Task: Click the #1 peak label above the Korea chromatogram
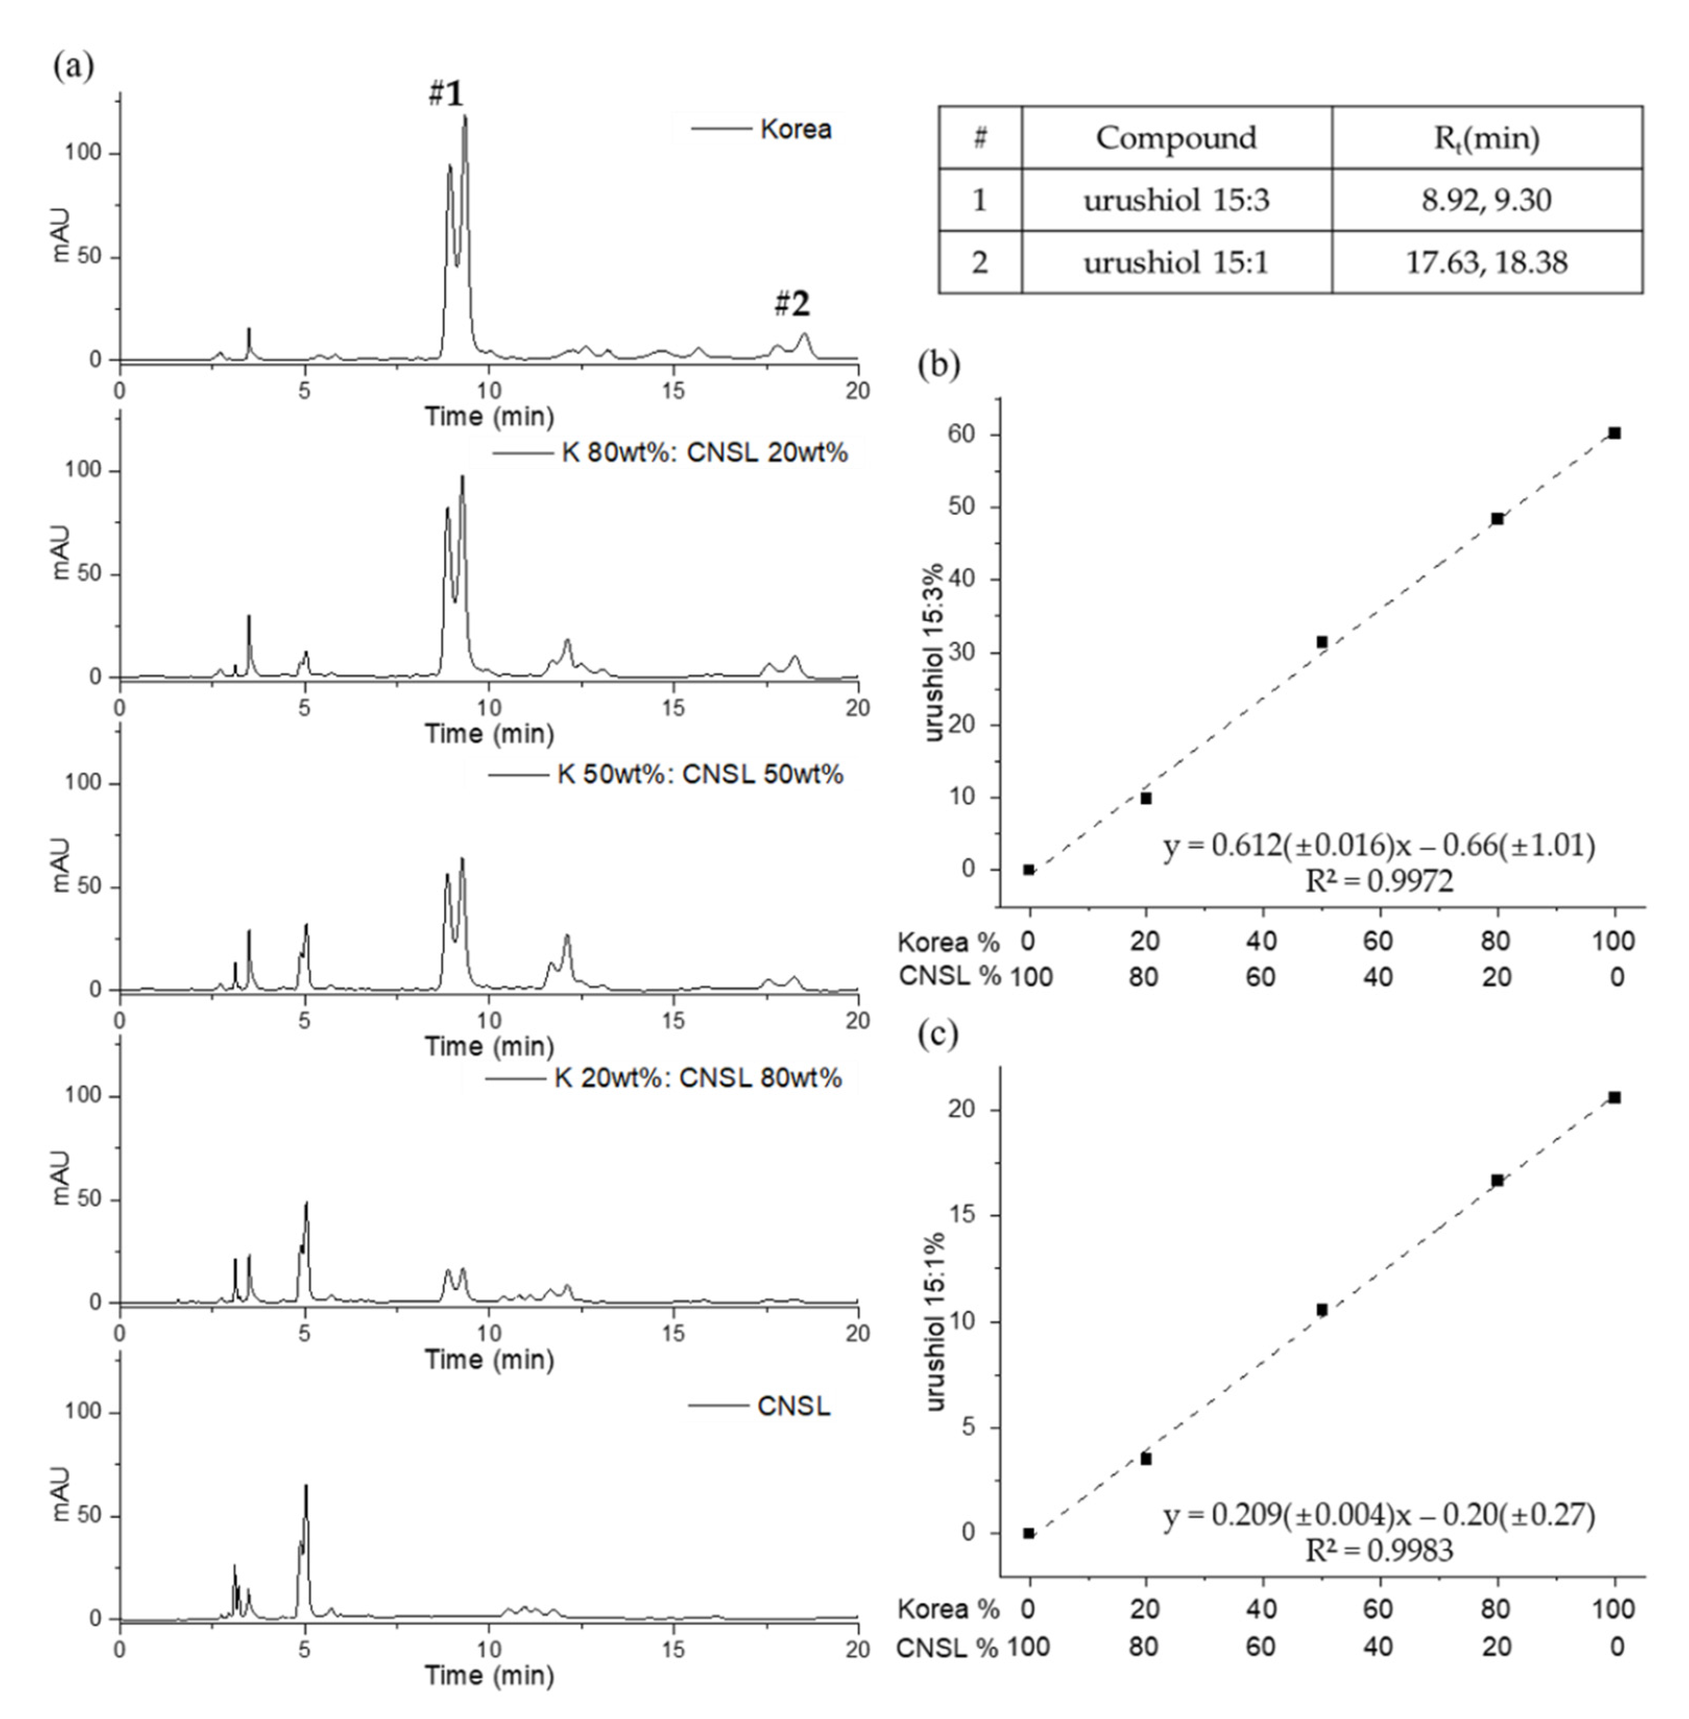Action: coord(446,94)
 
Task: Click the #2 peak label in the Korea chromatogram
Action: coord(791,305)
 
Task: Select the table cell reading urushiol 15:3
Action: coord(1176,200)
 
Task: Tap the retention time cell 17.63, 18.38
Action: coord(1487,262)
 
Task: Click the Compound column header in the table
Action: coord(1176,138)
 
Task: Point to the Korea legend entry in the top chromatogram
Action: coord(795,129)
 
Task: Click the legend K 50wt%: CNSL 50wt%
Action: coord(699,774)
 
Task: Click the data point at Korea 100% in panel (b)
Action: coord(1614,433)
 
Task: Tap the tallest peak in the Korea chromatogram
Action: coord(464,118)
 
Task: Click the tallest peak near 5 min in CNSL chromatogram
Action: coord(306,1487)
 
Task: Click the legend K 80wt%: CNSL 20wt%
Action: coord(704,453)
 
